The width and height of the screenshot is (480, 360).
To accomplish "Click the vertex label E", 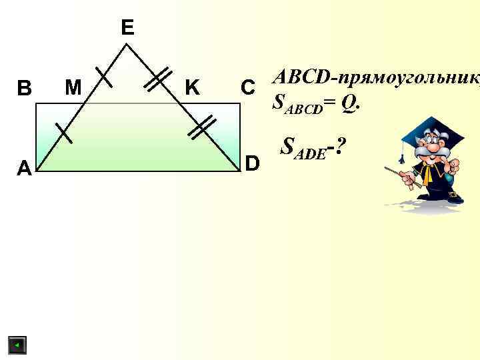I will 127,27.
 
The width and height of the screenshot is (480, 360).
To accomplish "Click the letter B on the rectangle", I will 24,88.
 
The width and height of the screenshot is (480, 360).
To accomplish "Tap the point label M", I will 72,87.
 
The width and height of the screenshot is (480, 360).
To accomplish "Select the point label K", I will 192,87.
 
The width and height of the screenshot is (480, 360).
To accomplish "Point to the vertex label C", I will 247,87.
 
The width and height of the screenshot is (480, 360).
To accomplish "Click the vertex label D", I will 253,162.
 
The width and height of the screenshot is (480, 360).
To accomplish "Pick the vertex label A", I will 24,169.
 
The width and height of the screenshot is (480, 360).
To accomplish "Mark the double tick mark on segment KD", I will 199,127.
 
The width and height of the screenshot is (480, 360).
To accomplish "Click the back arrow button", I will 17,345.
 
